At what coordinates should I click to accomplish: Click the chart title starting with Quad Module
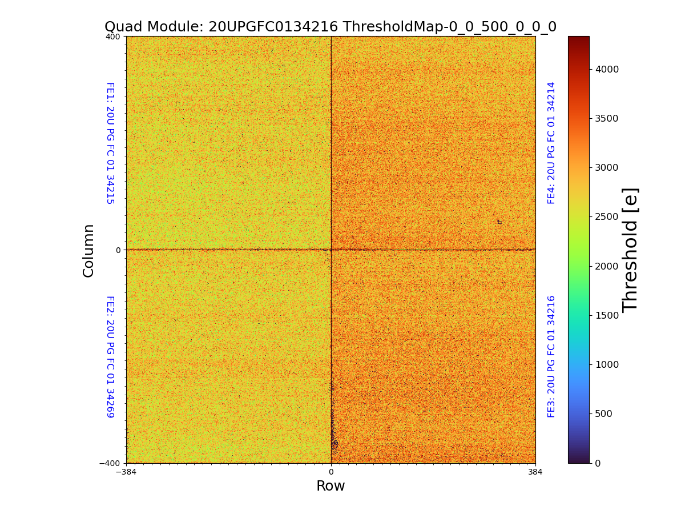(330, 27)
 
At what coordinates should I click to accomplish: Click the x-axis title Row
(331, 486)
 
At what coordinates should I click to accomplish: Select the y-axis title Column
(88, 250)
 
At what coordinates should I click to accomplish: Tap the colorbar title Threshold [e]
(630, 250)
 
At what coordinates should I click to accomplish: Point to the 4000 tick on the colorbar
(608, 69)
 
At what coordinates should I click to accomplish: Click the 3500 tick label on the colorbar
(608, 118)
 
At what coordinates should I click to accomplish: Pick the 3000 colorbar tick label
(608, 167)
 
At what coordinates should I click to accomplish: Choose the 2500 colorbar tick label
(608, 216)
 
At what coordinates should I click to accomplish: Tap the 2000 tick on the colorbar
(608, 266)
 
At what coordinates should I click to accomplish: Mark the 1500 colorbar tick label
(608, 315)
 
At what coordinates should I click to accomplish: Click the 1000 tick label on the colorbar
(608, 364)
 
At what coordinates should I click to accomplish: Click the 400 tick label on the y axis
(113, 37)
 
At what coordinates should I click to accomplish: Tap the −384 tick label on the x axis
(126, 472)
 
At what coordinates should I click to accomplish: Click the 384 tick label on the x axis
(535, 472)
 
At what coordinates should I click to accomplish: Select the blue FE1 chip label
(110, 143)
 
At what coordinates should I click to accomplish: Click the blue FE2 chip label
(110, 356)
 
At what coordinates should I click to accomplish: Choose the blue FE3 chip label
(551, 356)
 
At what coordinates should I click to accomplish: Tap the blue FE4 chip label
(551, 143)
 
